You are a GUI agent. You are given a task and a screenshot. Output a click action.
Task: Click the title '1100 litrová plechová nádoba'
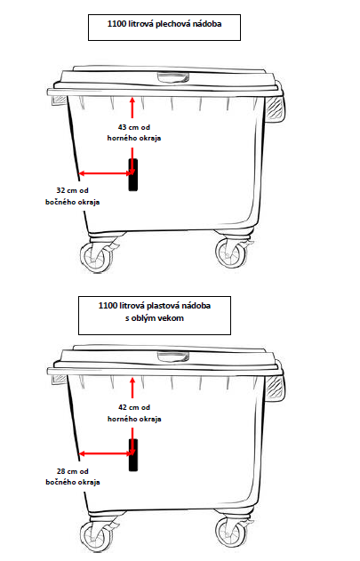pos(164,24)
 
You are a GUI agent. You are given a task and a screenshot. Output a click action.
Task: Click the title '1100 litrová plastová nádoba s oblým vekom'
pos(155,312)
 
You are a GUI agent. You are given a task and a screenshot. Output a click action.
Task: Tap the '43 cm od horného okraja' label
pos(134,132)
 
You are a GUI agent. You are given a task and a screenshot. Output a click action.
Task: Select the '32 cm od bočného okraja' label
pos(72,196)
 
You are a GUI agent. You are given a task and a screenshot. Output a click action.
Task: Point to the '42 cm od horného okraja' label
pos(134,413)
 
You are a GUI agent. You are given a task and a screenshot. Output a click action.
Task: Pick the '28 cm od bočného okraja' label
pos(73,477)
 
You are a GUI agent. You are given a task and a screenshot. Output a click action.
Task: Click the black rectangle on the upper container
pos(133,175)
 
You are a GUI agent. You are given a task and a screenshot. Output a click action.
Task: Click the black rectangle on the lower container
pos(133,455)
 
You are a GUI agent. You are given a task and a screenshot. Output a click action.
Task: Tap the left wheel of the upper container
pos(95,258)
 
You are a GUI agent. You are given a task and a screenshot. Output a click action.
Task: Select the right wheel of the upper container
pos(231,253)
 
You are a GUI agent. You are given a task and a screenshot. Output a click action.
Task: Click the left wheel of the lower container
pos(95,537)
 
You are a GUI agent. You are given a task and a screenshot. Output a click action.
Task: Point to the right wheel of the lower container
pos(231,533)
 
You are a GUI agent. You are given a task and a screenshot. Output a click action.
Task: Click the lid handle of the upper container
pos(173,77)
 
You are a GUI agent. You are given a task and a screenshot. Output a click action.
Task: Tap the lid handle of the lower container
pos(173,356)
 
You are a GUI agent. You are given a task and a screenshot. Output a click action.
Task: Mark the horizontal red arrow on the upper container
pos(106,173)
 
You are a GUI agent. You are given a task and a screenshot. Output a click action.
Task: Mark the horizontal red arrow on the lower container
pos(106,453)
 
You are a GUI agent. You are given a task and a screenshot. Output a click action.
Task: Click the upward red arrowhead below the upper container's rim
pos(132,100)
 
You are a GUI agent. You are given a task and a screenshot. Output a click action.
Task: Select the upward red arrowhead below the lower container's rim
pos(132,381)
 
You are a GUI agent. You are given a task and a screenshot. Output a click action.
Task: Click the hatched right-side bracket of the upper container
pos(276,108)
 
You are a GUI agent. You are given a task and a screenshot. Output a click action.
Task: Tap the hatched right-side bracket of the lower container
pos(276,388)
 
